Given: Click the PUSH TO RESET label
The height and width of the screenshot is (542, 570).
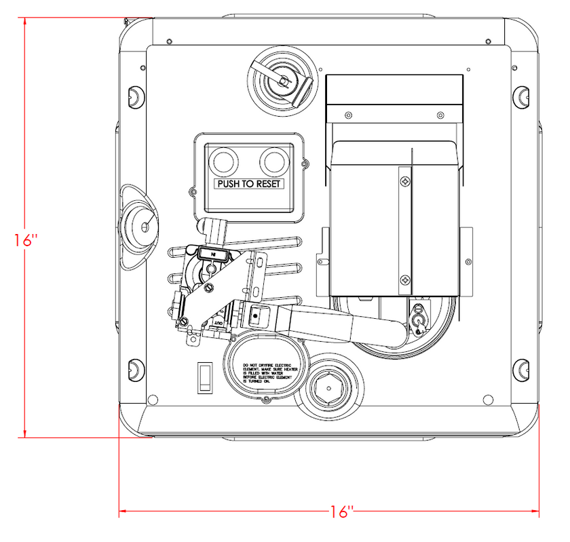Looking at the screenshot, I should [x=249, y=184].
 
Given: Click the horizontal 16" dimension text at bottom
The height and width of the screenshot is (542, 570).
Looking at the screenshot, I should [x=341, y=511].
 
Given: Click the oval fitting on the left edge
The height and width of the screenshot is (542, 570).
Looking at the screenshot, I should [x=140, y=224].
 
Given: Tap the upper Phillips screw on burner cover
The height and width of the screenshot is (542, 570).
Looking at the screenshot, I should [x=405, y=182].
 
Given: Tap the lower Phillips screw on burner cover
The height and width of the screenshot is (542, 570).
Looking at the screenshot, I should [x=405, y=279].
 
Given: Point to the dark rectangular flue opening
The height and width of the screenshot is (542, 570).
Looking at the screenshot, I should [x=394, y=90].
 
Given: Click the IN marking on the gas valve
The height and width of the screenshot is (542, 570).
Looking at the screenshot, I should [x=213, y=254].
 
